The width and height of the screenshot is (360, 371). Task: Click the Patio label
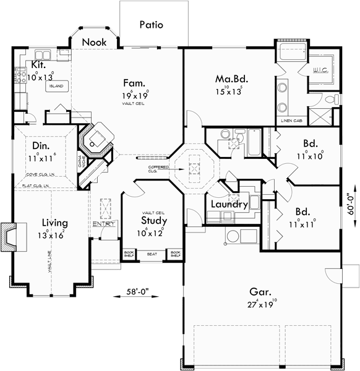pos(151,25)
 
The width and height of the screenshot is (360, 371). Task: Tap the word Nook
pos(93,42)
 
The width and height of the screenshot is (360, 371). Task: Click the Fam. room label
pos(134,83)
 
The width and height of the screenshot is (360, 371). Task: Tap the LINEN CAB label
pos(291,120)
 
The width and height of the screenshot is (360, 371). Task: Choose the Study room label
pos(152,221)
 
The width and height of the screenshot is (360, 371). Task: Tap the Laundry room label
pos(229,204)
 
